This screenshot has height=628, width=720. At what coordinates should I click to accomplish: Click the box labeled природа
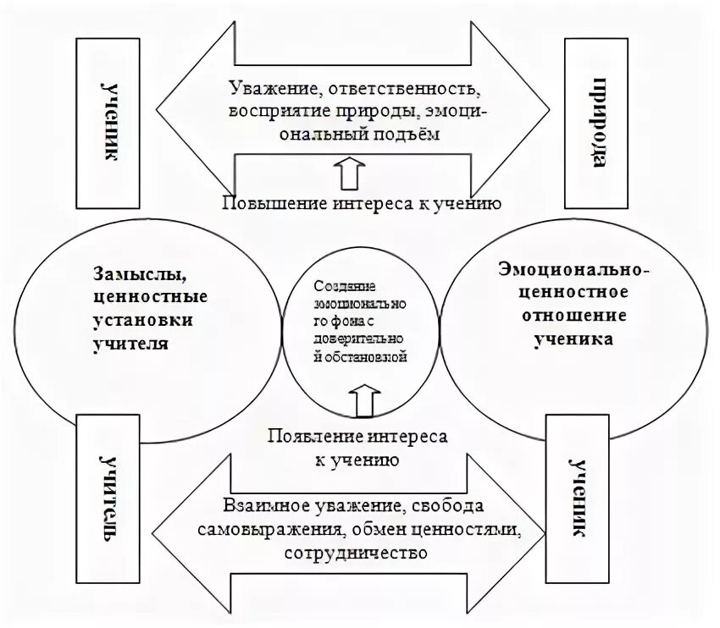point(597,122)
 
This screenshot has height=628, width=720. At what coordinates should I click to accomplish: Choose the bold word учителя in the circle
point(137,344)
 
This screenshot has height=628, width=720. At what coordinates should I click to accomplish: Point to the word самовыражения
point(267,530)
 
